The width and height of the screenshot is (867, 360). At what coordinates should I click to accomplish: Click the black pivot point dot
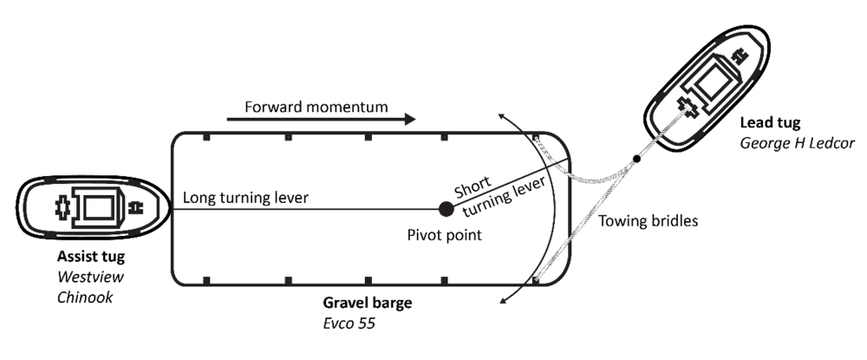point(446,208)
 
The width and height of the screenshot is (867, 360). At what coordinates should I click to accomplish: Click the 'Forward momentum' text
point(316,108)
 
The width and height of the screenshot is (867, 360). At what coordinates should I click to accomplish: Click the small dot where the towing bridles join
point(636,158)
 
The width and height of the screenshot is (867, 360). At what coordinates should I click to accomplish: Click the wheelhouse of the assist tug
point(96,207)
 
